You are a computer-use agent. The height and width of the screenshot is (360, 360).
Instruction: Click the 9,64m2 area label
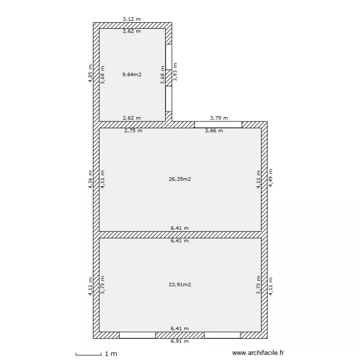[132, 74]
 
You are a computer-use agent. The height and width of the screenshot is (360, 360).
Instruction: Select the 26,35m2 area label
[180, 179]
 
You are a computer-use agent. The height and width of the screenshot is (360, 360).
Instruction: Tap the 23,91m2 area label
[180, 285]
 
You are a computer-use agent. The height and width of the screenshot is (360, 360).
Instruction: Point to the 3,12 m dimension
[132, 19]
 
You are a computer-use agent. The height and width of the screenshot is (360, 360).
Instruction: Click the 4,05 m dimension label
[90, 73]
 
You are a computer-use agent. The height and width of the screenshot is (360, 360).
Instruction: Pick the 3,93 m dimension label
[175, 72]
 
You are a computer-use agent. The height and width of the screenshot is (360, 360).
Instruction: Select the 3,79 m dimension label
[219, 118]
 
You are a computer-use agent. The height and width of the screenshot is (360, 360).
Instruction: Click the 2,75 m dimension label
[133, 131]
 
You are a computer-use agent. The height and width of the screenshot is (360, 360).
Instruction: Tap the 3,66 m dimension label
[214, 131]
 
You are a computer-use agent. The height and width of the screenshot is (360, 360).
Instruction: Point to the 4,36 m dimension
[90, 180]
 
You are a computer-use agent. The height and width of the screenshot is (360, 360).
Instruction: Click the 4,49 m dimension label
[271, 178]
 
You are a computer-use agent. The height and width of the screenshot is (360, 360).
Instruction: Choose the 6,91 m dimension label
[180, 341]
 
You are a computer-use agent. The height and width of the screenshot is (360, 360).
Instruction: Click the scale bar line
[89, 355]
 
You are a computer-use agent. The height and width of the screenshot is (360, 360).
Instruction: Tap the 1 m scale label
[111, 354]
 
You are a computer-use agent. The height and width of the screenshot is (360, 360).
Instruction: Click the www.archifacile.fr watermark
[258, 353]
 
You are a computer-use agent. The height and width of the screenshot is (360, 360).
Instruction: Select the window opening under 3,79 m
[218, 125]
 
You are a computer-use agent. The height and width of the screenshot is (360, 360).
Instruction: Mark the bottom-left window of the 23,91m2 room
[137, 335]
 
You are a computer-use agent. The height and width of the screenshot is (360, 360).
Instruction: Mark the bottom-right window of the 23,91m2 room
[222, 335]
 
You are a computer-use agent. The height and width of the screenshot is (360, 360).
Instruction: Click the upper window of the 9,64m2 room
[169, 57]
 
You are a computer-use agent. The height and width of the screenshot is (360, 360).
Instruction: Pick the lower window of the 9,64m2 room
[169, 99]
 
